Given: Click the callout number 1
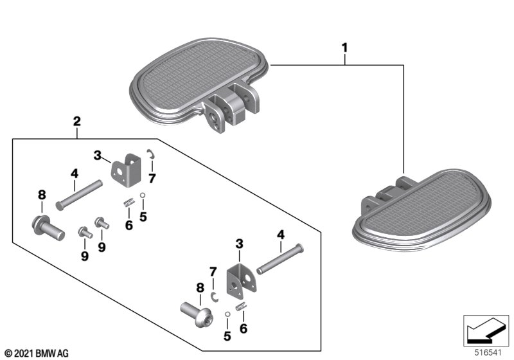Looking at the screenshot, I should click(x=344, y=48).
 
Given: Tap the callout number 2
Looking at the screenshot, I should click(x=76, y=120).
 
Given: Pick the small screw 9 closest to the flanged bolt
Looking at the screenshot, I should click(x=84, y=232).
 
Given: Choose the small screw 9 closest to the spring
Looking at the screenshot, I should click(x=101, y=222).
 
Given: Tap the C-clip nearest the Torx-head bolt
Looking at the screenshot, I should click(x=215, y=296).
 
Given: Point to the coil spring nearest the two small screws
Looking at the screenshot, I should click(x=127, y=203).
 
